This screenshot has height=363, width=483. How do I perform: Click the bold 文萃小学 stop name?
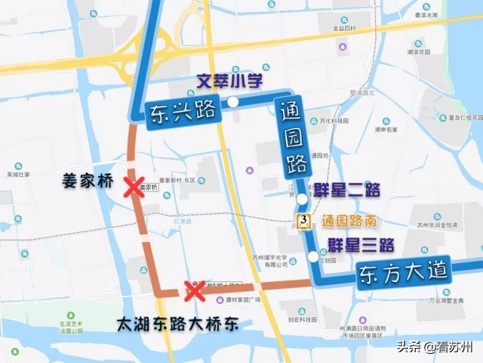[x=230, y=81]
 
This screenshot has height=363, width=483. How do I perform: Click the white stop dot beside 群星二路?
[x=302, y=199]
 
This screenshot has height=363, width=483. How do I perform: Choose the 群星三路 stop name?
[x=361, y=245]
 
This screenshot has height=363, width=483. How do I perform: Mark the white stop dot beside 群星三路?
[x=313, y=256]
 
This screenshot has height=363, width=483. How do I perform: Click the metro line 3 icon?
[x=303, y=221]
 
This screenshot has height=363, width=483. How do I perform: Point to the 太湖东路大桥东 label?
[x=178, y=324]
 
